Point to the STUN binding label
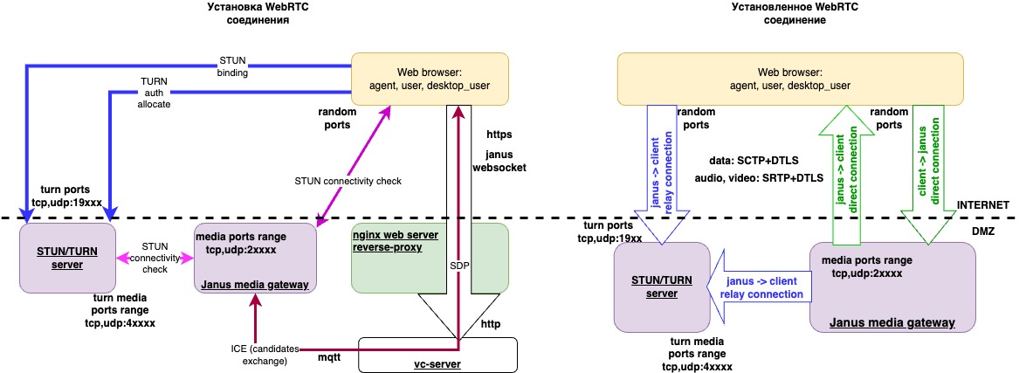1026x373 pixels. tap(232, 67)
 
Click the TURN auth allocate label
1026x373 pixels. tap(154, 92)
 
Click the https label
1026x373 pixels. tap(499, 135)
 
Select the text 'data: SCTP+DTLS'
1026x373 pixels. tap(754, 160)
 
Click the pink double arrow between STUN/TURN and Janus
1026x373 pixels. tap(155, 258)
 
